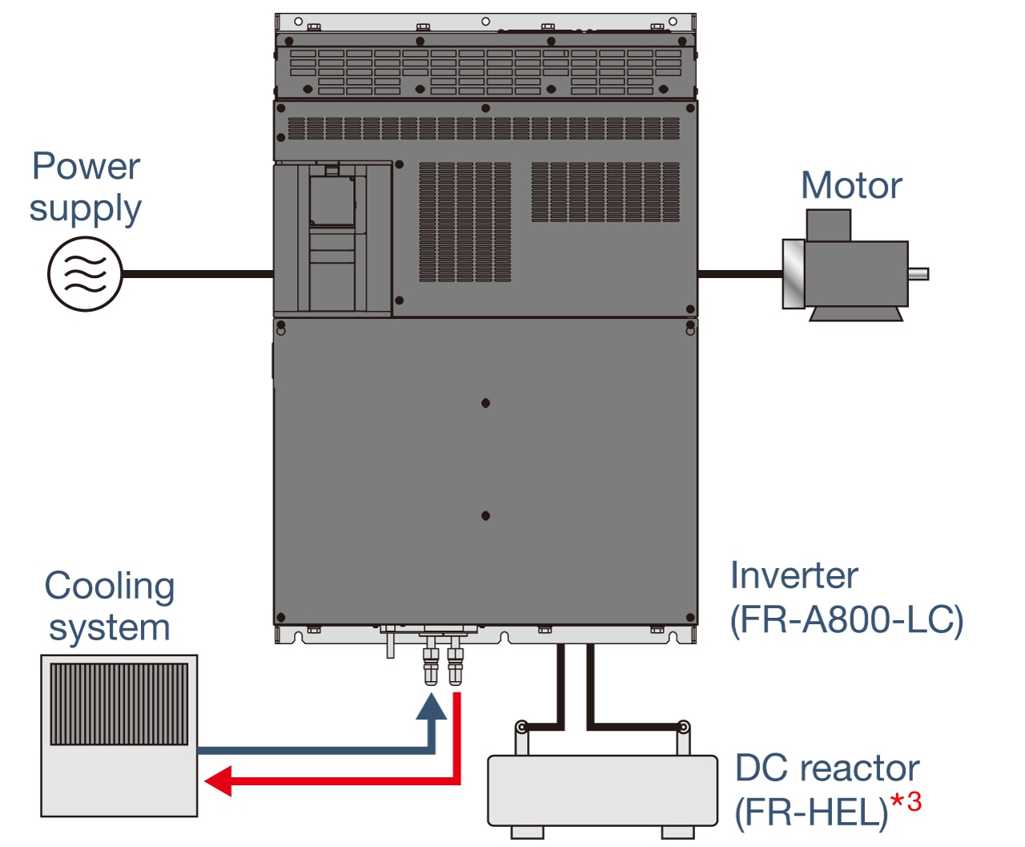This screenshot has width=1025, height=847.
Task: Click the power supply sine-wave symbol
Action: coord(85,274)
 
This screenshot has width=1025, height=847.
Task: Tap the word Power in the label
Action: coord(86,167)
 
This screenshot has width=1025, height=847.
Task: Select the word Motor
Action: coord(851,186)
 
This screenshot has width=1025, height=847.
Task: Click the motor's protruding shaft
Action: coord(918,274)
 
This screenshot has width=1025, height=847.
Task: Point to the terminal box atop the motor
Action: coord(828,225)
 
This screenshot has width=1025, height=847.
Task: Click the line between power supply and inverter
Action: coord(198,274)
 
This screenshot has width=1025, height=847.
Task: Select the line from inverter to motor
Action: coord(739,274)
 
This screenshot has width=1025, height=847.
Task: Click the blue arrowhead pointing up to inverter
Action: coord(432,708)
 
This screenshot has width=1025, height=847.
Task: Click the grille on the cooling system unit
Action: coord(119,704)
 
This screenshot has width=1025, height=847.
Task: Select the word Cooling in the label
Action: coord(110,586)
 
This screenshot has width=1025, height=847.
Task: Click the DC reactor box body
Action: coord(602,790)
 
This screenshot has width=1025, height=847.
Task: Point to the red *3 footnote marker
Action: coord(906,801)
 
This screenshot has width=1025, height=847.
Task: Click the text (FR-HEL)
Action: coord(811,813)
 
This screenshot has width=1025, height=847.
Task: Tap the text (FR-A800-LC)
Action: coord(846,620)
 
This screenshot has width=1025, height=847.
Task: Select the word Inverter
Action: coord(794,576)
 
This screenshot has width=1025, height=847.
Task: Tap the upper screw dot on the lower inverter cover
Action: coord(485,403)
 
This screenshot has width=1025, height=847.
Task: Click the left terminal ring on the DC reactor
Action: coord(521,728)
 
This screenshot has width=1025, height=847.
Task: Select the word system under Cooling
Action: coord(110,627)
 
